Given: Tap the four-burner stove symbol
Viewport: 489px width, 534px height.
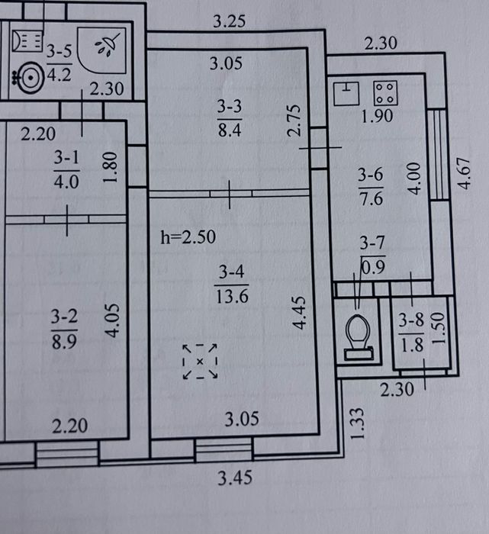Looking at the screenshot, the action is point(385,93).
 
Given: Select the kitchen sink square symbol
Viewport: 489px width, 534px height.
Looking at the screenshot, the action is point(346,93).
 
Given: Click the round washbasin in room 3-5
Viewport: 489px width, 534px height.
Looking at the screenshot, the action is point(31,78).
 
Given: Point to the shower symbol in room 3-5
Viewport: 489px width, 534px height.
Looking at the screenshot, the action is point(102,50).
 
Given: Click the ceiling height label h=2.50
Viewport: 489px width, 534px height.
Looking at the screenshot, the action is point(188,237).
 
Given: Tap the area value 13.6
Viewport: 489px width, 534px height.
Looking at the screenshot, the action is point(232,296).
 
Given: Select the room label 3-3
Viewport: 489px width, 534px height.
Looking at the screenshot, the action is point(230,106).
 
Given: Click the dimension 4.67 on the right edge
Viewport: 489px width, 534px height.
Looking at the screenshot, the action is point(464,173).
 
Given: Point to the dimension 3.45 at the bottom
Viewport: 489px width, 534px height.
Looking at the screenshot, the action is point(235,478).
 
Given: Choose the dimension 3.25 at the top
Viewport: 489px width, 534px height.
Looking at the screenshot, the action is point(229,21).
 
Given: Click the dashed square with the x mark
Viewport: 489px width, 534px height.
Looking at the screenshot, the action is point(200,362).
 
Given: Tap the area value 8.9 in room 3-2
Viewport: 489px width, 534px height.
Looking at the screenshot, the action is point(64,341).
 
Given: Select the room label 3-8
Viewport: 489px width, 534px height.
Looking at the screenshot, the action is point(411,320).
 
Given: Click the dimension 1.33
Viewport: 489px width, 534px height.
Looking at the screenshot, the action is point(357,423).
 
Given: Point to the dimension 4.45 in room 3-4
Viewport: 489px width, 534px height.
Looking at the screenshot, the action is point(299,313).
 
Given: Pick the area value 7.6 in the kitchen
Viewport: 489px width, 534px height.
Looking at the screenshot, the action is point(372,198).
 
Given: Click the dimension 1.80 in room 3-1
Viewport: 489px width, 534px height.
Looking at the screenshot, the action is point(111,167).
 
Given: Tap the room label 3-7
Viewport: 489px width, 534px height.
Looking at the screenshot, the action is point(372,243).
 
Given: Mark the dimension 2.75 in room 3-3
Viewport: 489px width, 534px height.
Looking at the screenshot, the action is point(294,121).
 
